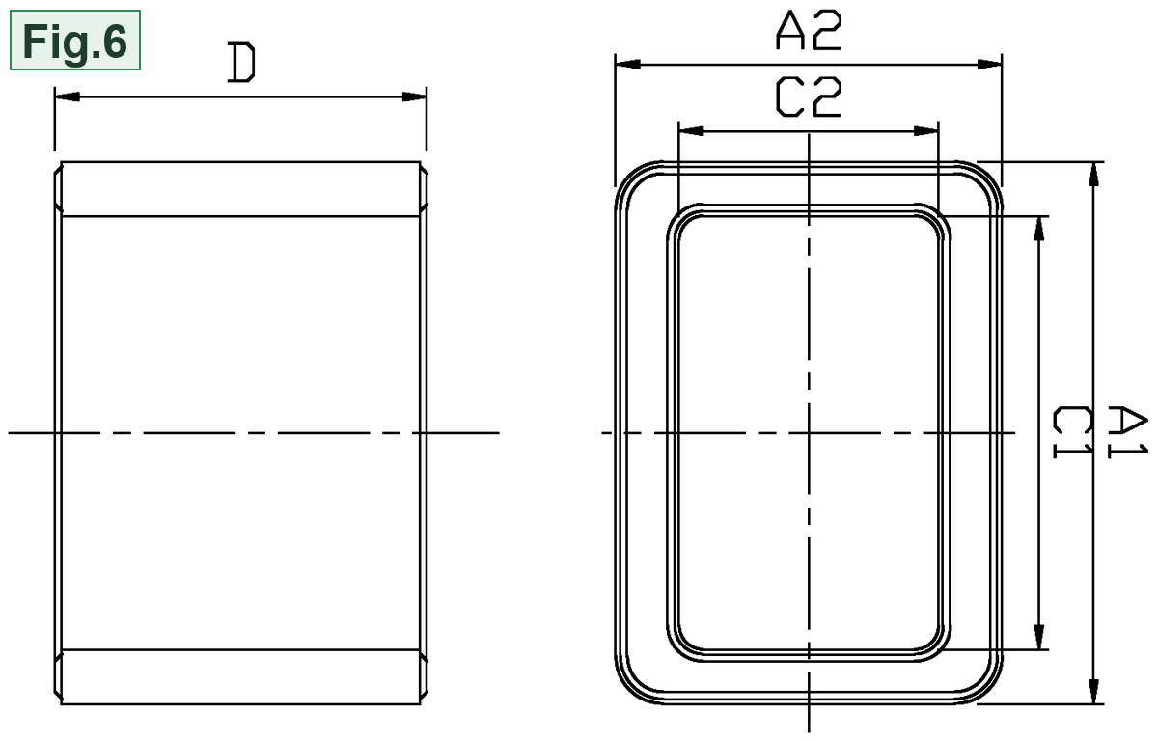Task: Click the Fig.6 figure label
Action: pyautogui.click(x=75, y=41)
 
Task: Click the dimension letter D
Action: pyautogui.click(x=241, y=63)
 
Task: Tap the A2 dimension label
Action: pyautogui.click(x=809, y=31)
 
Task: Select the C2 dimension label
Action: pyautogui.click(x=809, y=96)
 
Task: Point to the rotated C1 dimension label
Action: pyautogui.click(x=1073, y=432)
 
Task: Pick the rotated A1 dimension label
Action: pyautogui.click(x=1128, y=432)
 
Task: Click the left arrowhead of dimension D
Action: pyautogui.click(x=68, y=96)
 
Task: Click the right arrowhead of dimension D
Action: pyautogui.click(x=414, y=96)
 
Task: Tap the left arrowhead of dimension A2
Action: pyautogui.click(x=627, y=64)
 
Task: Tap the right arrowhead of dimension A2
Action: pyautogui.click(x=990, y=64)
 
